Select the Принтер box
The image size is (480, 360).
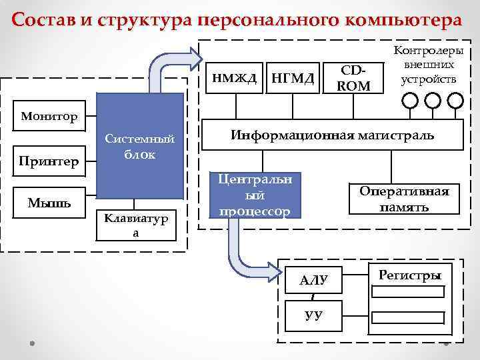coord(48,161)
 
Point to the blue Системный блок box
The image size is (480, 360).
coord(140,146)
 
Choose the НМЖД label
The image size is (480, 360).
coord(234,78)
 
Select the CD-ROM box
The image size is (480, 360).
coord(354,77)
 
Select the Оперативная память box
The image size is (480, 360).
coord(405,199)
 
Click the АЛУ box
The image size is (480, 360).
coord(313,281)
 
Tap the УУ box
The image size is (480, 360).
coord(313,314)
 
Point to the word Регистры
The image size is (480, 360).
coord(409,275)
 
